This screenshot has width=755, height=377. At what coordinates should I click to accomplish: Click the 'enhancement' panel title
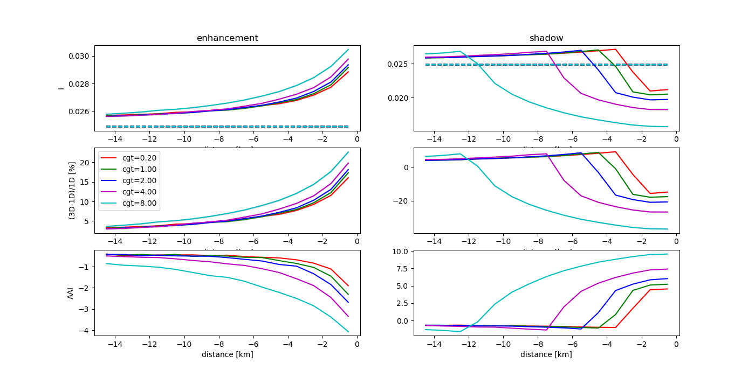[227, 38]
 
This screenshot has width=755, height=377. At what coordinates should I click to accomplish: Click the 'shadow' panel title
[546, 38]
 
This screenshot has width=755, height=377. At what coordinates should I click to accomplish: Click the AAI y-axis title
[71, 292]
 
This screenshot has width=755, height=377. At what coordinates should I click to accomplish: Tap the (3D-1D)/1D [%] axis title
[71, 190]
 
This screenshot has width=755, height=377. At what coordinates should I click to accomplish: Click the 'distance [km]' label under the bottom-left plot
[227, 354]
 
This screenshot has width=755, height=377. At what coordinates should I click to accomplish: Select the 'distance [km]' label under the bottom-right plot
[546, 354]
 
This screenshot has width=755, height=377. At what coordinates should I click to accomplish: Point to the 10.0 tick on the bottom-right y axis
[402, 252]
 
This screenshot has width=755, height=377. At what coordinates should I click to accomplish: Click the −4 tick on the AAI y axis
[84, 331]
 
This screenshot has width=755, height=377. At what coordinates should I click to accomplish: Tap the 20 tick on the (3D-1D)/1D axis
[85, 163]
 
